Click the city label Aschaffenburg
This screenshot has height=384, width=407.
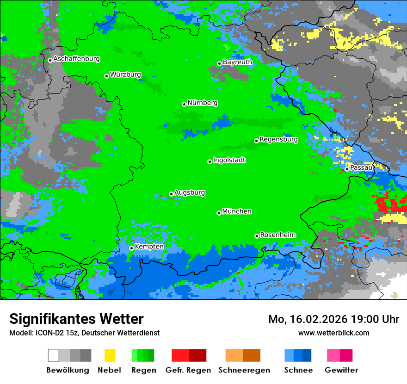pos(76,59)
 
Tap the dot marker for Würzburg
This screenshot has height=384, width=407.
pos(106,76)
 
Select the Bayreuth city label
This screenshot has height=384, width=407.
pos(237,62)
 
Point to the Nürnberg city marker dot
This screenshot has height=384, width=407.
pos(184,104)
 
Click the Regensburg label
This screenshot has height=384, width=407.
pos(278,139)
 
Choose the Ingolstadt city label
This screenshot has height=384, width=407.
pos(229,160)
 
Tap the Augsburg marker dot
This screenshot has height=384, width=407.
pos(171,194)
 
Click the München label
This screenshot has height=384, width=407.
pos(237,211)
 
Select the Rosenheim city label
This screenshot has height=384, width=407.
pos(277,235)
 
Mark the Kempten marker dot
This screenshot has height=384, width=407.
pos(131,248)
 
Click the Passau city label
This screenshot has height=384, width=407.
pos(361,167)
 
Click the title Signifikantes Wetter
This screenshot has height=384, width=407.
pos(76,319)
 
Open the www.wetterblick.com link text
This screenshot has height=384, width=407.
pos(333,333)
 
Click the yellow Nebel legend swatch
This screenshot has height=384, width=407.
pos(110,355)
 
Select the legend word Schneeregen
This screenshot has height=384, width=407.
pos(244,370)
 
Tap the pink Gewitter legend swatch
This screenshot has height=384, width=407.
pos(333,355)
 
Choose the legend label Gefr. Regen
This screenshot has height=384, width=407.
pos(188,370)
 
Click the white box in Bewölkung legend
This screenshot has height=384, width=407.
pos(53,355)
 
